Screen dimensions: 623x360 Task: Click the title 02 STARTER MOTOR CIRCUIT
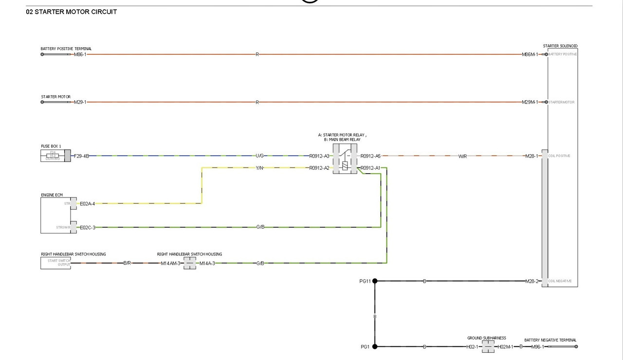[71, 12]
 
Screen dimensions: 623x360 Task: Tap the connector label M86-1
[80, 54]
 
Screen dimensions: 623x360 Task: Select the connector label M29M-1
[530, 102]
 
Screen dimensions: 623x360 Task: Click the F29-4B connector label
[81, 156]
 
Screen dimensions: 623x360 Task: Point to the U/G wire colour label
[260, 156]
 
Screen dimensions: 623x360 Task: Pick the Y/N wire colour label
[260, 168]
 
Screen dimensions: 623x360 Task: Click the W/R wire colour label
[463, 156]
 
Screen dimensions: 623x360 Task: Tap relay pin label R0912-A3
[319, 156]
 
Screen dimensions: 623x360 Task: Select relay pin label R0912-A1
[370, 168]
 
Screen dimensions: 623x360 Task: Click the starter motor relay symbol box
[345, 159]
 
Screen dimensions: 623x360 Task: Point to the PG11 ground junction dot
[375, 281]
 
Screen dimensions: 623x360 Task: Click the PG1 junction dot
[375, 347]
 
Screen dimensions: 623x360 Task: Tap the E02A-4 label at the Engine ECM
[87, 204]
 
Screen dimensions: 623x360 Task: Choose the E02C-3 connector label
[87, 227]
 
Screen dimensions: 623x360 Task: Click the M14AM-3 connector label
[170, 263]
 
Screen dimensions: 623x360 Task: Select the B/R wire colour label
[127, 263]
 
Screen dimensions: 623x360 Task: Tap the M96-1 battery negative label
[537, 347]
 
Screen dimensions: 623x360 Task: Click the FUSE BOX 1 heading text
[51, 146]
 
